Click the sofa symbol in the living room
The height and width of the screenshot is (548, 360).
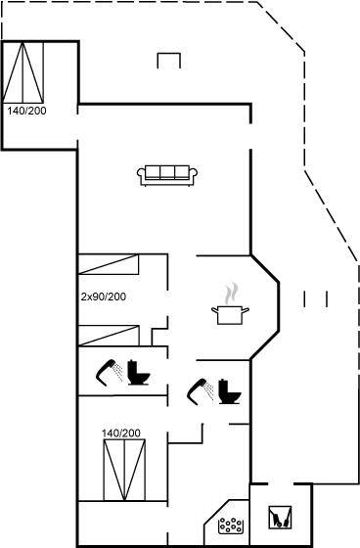(x=167, y=175)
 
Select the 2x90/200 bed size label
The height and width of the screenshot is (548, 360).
(x=104, y=297)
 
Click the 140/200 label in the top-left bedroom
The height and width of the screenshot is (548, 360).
(x=27, y=111)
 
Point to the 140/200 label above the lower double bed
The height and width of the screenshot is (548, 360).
(x=121, y=433)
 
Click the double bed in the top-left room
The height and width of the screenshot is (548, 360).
(x=23, y=72)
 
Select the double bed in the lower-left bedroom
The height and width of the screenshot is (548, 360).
(x=124, y=470)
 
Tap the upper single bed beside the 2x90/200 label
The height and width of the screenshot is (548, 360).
(x=109, y=264)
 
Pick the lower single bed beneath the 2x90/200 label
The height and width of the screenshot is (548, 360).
(x=109, y=336)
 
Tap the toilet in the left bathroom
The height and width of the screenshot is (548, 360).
(x=139, y=372)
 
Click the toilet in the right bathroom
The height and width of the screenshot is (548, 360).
(x=230, y=391)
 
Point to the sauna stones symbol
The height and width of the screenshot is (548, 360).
(x=230, y=525)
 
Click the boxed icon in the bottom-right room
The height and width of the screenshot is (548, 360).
(x=280, y=518)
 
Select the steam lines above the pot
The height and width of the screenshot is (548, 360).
(x=231, y=294)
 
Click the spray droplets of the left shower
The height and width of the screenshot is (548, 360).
(x=118, y=372)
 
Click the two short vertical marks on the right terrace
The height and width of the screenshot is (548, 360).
(x=315, y=299)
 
